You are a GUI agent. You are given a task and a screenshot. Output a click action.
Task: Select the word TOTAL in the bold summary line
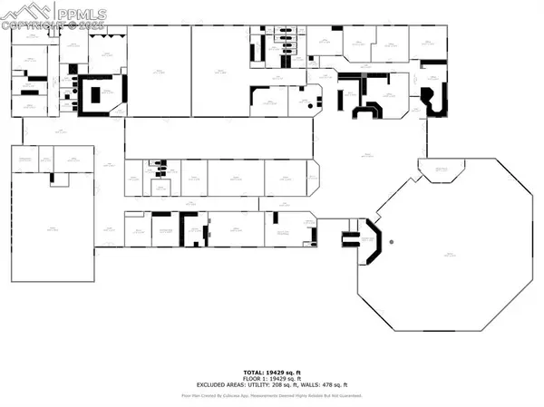[254, 372]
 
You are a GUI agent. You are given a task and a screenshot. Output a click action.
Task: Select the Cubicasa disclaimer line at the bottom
[272, 395]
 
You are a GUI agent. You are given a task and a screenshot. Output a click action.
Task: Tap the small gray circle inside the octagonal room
[391, 242]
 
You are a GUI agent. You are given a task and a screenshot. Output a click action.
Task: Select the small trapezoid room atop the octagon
[442, 170]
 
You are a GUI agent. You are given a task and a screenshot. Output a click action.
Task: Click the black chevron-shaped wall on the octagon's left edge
[371, 241]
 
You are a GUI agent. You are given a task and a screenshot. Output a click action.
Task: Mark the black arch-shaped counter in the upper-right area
[367, 111]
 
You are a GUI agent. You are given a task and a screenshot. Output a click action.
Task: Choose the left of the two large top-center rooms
[158, 70]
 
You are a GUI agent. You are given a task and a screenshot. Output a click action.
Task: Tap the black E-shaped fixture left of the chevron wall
[349, 239]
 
